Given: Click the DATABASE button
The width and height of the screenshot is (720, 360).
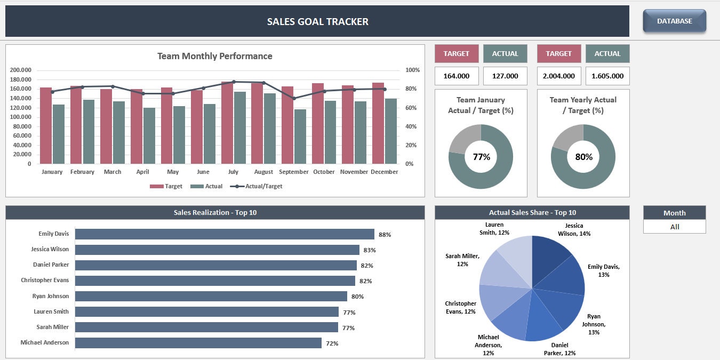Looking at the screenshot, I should pos(674,21).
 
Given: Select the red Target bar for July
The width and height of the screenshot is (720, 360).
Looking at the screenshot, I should pos(227,123).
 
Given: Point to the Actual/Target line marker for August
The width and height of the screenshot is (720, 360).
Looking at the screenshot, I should pos(263,83).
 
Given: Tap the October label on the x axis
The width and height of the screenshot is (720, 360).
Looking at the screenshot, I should pos(324,172).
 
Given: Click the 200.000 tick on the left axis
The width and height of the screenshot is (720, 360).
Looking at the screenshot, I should pos(21,70).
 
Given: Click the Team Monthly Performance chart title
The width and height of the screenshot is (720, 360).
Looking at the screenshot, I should pos(214,56).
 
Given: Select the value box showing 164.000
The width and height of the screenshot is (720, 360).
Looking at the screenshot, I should pos(457,76).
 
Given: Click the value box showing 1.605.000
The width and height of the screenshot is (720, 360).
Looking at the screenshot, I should pos(607,76).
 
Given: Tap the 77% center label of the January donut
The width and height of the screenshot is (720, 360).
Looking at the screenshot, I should pos(481,157).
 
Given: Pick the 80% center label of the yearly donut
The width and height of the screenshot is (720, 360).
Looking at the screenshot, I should pos(583,157).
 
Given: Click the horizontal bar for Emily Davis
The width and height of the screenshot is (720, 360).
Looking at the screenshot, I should pos(224,234).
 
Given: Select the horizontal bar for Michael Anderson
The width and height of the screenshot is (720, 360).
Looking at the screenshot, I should pos(198,343).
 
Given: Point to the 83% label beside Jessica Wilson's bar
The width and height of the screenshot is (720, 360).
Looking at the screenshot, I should pos(370,250).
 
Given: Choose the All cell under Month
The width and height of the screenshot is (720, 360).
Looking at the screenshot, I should pos(674,227).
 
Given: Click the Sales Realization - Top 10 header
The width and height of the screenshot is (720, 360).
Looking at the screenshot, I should pos(215,212).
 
